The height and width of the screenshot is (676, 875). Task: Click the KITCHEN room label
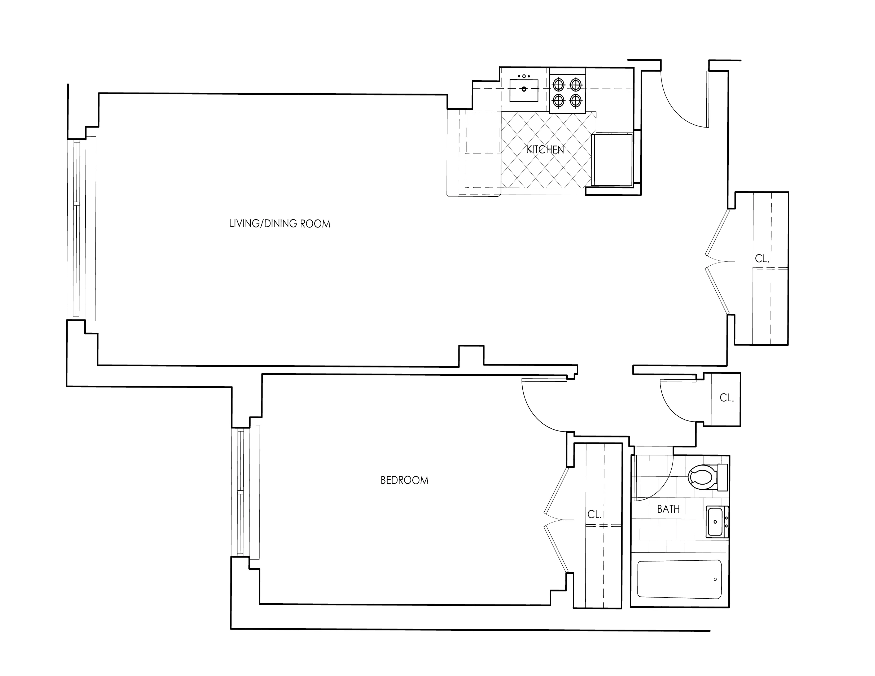(545, 150)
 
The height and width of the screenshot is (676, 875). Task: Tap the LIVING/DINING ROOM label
(280, 224)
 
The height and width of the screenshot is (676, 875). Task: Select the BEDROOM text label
(404, 480)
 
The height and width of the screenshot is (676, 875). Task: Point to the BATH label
(668, 509)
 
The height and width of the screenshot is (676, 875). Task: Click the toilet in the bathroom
(704, 477)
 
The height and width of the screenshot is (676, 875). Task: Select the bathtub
(680, 580)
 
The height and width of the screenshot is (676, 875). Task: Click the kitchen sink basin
(524, 90)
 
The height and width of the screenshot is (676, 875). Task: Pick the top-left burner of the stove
(558, 85)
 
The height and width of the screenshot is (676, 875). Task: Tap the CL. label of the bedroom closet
(594, 515)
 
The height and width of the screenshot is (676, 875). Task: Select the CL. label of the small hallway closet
(726, 398)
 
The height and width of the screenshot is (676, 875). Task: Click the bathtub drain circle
(715, 580)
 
